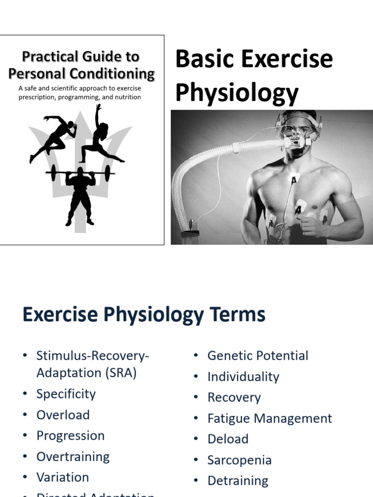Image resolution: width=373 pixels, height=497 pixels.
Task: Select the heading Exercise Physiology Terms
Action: [144, 315]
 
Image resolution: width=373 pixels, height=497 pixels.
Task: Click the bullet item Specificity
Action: [66, 394]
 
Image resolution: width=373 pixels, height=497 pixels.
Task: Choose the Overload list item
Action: [63, 414]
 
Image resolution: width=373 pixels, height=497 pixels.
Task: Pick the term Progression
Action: [70, 435]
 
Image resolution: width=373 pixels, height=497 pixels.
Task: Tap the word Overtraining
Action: [73, 456]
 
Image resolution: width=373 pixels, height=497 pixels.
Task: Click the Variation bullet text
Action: [63, 477]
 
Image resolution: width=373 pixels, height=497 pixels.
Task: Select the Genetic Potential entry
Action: [257, 355]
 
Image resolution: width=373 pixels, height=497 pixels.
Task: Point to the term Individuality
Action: [243, 377]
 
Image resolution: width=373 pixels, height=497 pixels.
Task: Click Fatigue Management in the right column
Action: [270, 418]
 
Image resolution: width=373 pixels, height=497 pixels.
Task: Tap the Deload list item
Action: [228, 439]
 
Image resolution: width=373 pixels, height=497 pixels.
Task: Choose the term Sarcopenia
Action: [239, 460]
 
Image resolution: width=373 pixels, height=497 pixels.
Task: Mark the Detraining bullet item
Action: [237, 480]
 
